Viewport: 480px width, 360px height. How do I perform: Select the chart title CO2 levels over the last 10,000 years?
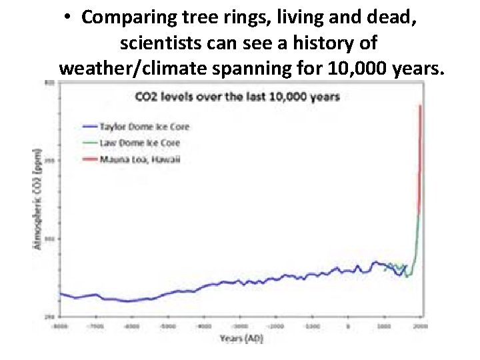point(237,97)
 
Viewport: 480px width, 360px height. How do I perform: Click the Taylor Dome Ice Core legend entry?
point(144,127)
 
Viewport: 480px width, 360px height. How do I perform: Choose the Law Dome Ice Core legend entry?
point(139,143)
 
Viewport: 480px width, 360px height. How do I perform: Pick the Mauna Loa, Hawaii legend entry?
point(139,159)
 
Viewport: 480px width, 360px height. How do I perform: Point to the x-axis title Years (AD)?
point(242,338)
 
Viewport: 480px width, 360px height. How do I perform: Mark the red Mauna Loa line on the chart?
point(419,160)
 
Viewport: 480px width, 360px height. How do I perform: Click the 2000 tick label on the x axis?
point(420,326)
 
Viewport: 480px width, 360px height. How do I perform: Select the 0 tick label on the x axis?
point(347,326)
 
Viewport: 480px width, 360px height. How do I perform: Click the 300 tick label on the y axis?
point(49,238)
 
